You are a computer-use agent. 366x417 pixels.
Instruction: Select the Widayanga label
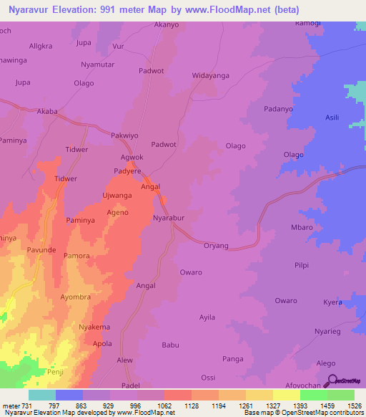pos(210,75)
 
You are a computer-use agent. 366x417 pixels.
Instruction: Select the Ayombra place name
pos(76,296)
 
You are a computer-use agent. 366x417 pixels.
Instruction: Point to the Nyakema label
pos(94,327)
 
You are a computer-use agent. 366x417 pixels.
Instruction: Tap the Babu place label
pos(170,345)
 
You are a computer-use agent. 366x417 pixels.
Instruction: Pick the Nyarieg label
pos(328,332)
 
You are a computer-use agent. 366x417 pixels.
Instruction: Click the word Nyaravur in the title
pos(30,9)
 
